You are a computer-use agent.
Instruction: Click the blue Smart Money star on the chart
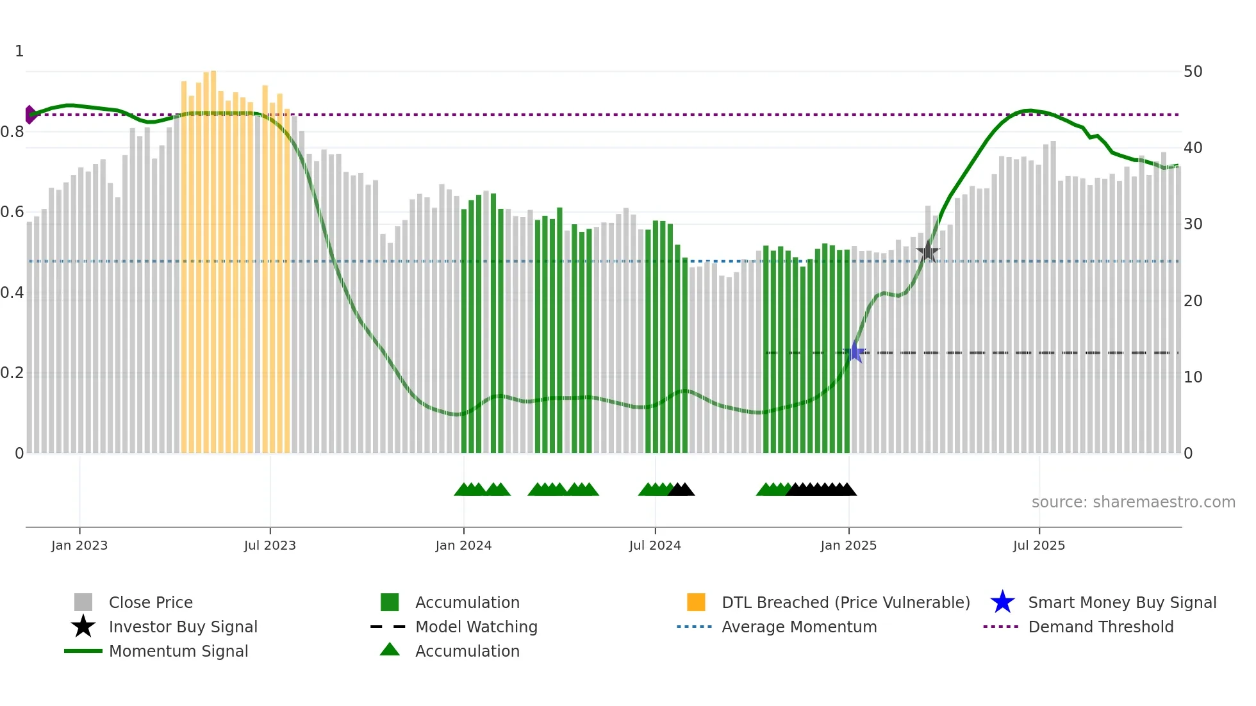click(855, 352)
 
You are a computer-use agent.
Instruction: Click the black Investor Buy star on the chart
click(927, 251)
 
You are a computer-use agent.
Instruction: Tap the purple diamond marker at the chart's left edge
click(30, 115)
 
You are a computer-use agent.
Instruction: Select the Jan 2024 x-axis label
click(463, 545)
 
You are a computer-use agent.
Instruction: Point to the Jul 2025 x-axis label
click(1039, 545)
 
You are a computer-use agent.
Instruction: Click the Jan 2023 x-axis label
click(79, 545)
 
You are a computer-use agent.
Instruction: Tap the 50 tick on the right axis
click(1193, 72)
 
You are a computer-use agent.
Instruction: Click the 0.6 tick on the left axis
click(13, 212)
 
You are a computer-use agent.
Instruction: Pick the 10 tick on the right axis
click(1193, 377)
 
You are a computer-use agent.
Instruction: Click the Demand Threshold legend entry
click(1100, 627)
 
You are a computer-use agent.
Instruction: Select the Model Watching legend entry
click(476, 627)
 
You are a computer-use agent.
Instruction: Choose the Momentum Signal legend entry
click(178, 651)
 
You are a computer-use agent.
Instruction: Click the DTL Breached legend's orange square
click(696, 602)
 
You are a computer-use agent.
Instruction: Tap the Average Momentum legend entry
click(799, 627)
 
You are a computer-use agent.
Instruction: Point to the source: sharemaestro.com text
click(1133, 502)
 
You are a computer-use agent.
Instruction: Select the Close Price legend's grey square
click(83, 602)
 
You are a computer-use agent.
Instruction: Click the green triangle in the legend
click(390, 650)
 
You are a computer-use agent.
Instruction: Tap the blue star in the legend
click(1002, 602)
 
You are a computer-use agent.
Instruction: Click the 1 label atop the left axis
click(19, 51)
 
